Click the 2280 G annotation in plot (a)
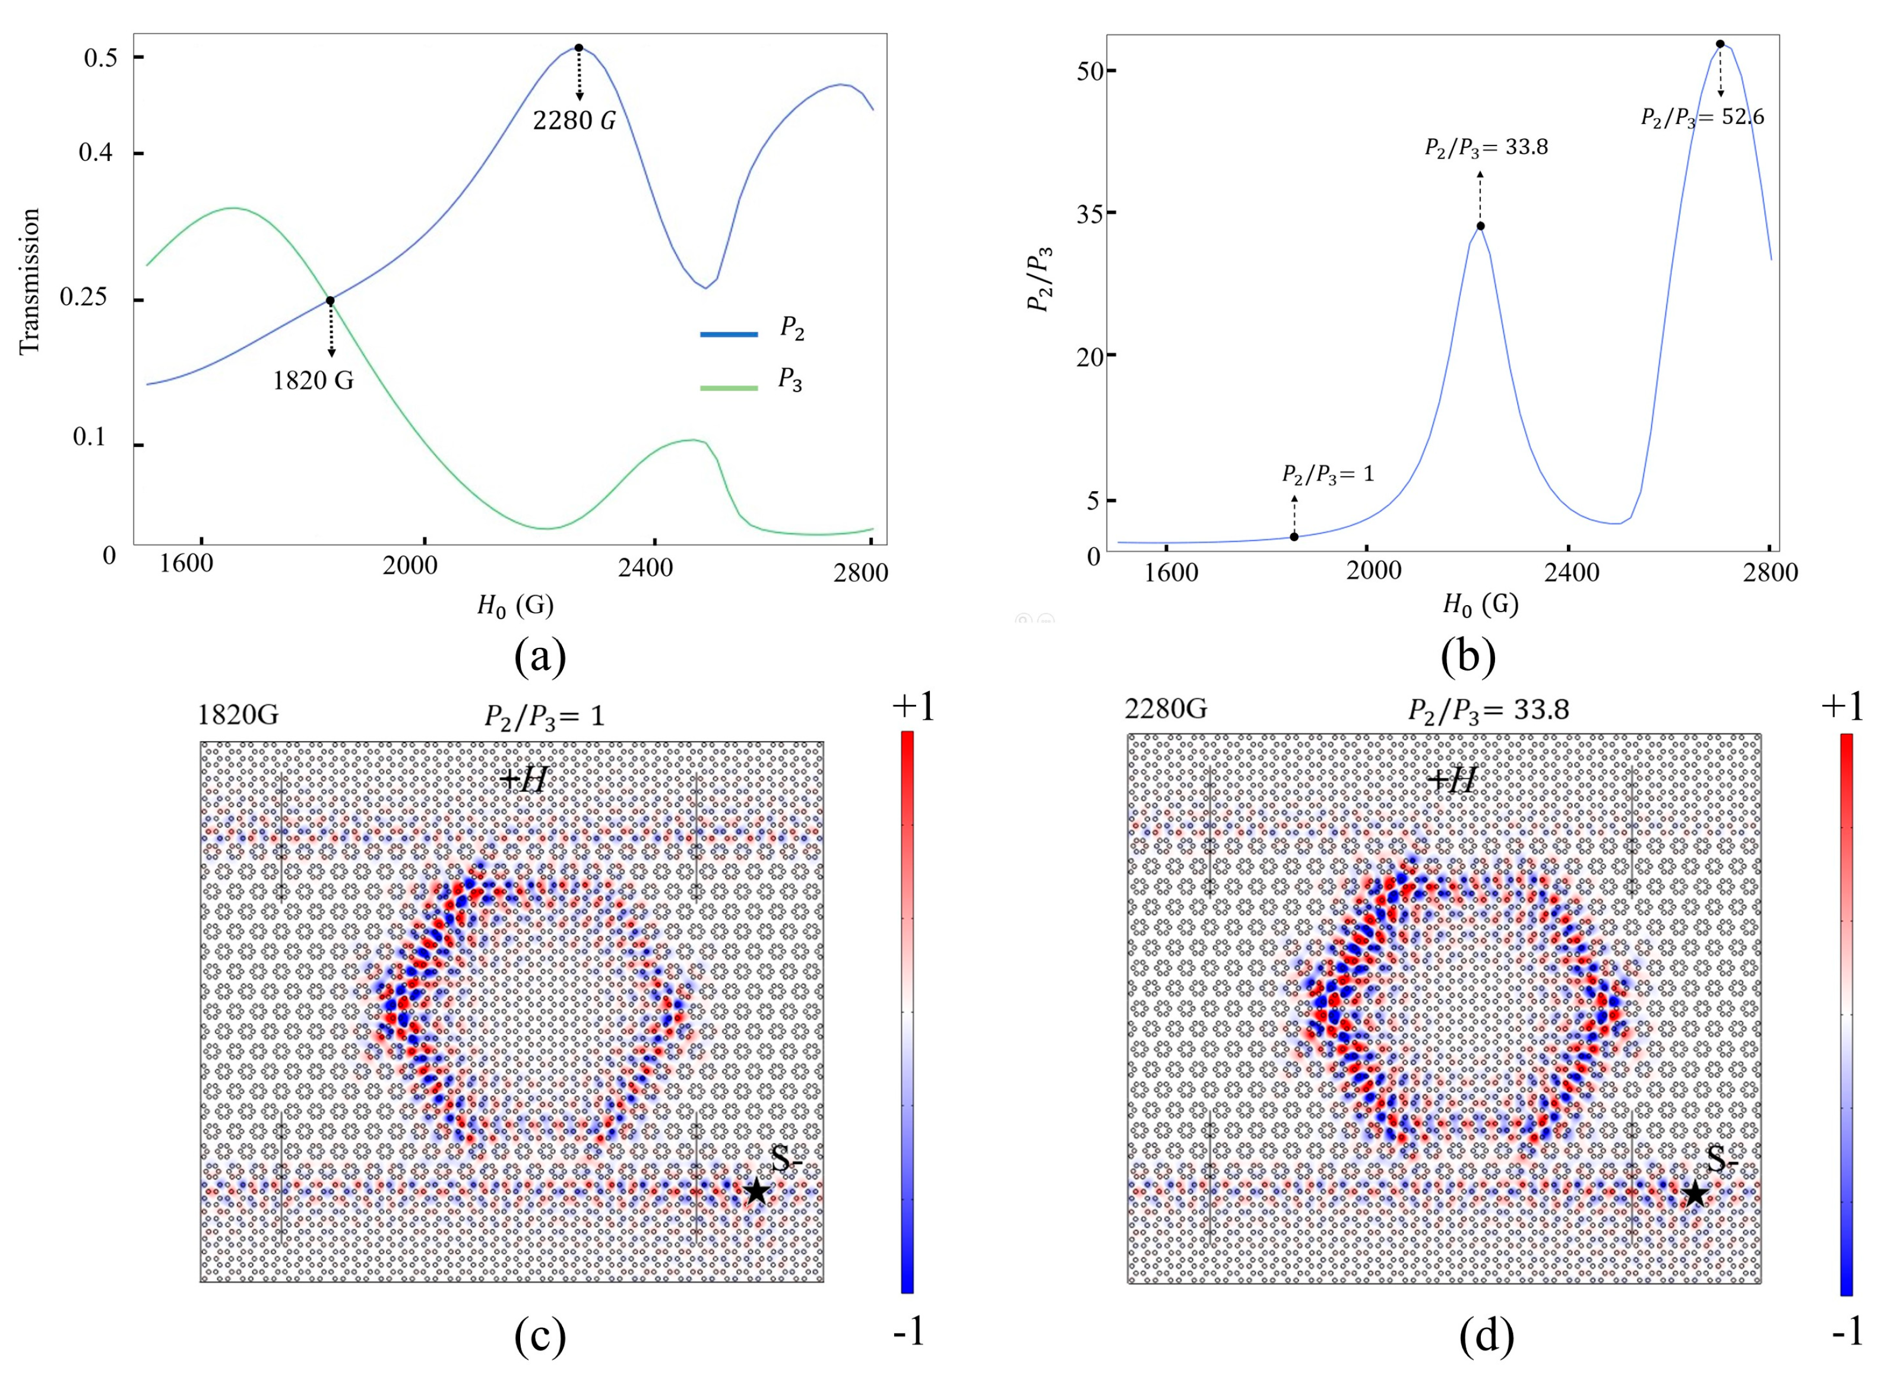(x=574, y=120)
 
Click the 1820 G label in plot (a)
(x=313, y=381)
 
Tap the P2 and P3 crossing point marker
(x=330, y=300)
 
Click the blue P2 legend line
(x=728, y=335)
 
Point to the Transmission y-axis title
(x=30, y=281)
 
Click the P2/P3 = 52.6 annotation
(x=1702, y=118)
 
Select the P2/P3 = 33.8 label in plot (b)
(x=1486, y=148)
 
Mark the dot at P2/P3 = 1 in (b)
(x=1294, y=536)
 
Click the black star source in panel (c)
(x=756, y=1191)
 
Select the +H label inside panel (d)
(x=1452, y=781)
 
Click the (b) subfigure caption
(x=1467, y=657)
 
